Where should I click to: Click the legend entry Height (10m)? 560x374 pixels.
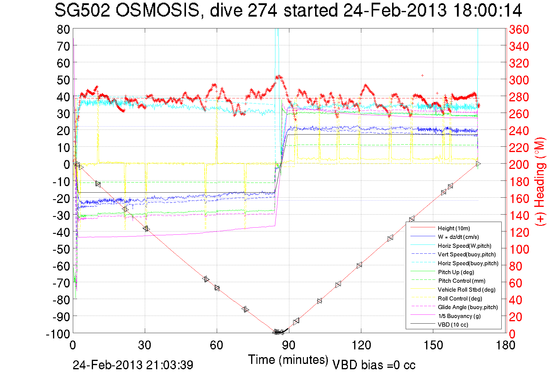(x=454, y=228)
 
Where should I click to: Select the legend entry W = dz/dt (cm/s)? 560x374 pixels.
(x=458, y=237)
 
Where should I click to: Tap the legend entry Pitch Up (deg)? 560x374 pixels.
(x=456, y=272)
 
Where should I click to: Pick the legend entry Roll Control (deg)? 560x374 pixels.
(x=460, y=298)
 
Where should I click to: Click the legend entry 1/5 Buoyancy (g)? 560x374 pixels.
(x=459, y=316)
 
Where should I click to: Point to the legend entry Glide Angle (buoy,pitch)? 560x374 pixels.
(x=468, y=307)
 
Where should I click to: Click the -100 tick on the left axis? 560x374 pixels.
(x=58, y=334)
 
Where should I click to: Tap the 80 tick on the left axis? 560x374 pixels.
(x=63, y=29)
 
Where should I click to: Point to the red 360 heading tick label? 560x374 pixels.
(x=519, y=29)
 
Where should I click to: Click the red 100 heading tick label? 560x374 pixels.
(x=519, y=249)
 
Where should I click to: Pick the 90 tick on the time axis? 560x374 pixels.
(x=289, y=345)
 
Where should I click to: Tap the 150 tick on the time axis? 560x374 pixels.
(x=433, y=345)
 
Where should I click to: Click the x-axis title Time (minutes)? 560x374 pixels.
(x=288, y=360)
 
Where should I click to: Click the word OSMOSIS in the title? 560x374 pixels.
(x=157, y=10)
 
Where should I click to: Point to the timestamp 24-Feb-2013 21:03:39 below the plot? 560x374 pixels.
(x=133, y=365)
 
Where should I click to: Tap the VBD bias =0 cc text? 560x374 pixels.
(x=374, y=365)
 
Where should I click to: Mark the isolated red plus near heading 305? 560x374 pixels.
(x=422, y=76)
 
